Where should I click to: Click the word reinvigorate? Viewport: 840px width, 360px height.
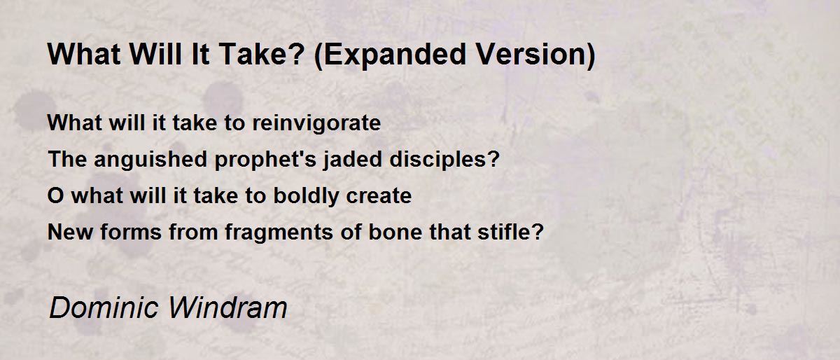coord(316,123)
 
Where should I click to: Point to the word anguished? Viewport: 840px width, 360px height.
coord(150,160)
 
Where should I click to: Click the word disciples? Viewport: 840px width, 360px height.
coord(440,160)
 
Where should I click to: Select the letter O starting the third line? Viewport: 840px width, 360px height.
coord(56,195)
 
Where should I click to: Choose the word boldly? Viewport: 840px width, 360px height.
coord(306,196)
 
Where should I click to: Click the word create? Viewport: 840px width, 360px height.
coord(379,196)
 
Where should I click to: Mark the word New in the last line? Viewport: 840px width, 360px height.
coord(70,232)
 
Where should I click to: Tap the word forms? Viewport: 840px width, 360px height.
coord(131,232)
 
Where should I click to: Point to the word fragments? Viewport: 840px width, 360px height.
coord(279,233)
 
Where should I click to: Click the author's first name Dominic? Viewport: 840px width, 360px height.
coord(104,307)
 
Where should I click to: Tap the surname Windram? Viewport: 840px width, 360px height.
coord(228,307)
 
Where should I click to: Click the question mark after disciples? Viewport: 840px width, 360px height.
coord(495,158)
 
